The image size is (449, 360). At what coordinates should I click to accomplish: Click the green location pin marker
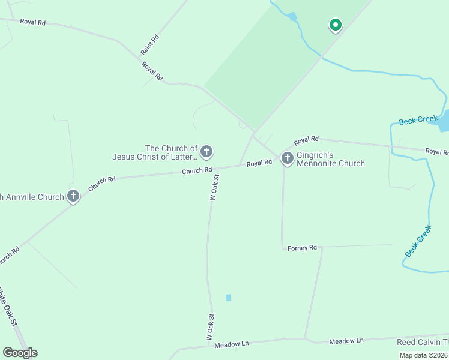pos(335,25)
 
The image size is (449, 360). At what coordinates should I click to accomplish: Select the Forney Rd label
pos(302,248)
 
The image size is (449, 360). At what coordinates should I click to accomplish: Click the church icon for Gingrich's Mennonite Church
pos(288,158)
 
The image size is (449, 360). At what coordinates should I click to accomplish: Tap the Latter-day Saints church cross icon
pos(206,152)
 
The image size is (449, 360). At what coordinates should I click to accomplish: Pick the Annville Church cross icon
pos(73,196)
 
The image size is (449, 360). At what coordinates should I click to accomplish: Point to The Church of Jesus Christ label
pos(155,152)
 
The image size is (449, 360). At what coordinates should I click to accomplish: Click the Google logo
pos(20,352)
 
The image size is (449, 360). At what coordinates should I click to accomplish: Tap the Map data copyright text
pos(423,355)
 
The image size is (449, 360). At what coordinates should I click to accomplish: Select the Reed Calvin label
pos(422,342)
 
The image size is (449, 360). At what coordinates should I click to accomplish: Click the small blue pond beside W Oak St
pos(228,298)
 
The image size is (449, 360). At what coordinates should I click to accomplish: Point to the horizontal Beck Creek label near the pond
pos(418,120)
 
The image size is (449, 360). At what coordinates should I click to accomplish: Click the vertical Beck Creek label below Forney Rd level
pos(418,241)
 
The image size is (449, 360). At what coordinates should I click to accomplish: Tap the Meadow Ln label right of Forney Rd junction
pos(346,341)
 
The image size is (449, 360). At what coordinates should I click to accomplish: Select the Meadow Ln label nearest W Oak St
pos(231,344)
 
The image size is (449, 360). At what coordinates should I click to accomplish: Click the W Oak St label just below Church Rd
pos(214,187)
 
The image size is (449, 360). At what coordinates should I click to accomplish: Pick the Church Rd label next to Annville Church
pos(101,184)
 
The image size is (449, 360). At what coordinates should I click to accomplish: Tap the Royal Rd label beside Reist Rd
pos(152,70)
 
